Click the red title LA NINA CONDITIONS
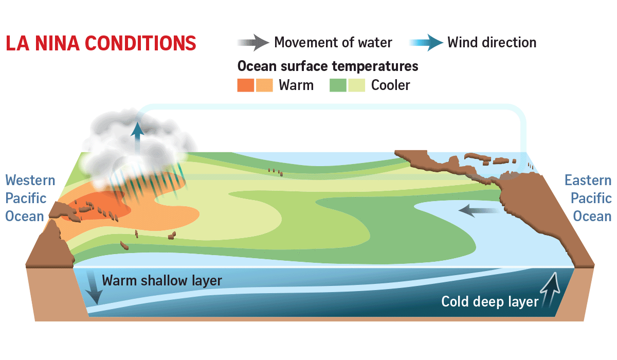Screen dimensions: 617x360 point(101,43)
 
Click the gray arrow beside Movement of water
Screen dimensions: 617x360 point(253,43)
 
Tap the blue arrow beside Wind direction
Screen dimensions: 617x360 point(426,43)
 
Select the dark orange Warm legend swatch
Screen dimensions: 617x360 point(246,85)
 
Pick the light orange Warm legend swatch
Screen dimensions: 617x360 point(264,85)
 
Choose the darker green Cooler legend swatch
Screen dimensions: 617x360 point(338,85)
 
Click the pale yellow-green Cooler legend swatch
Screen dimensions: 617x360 point(357,85)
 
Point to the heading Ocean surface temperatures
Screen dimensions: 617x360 point(328,66)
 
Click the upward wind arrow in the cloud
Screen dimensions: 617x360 point(137,138)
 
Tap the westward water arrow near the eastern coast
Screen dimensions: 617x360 point(479,211)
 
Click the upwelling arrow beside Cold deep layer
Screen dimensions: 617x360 point(551,290)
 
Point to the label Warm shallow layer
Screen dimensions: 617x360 point(162,281)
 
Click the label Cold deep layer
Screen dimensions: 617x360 point(489,301)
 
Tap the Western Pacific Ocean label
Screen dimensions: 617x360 point(30,199)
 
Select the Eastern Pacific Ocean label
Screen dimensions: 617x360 point(588,199)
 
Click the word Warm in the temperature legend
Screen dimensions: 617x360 point(296,85)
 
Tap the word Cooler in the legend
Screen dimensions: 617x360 point(391,85)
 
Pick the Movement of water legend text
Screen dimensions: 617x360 point(333,43)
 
